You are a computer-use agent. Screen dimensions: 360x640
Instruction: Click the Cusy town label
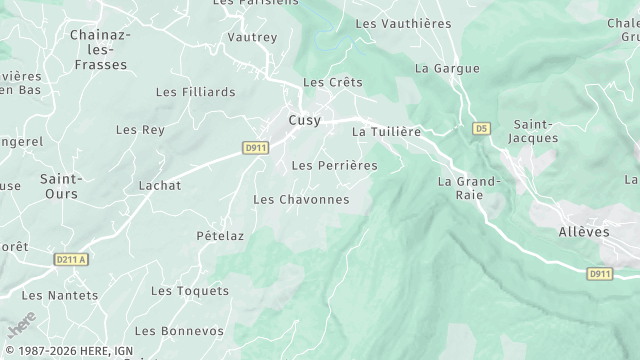(x=305, y=120)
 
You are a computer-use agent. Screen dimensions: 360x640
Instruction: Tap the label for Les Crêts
(x=333, y=82)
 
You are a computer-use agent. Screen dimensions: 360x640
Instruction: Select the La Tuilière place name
(x=387, y=131)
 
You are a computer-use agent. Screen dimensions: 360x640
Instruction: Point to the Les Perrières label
(x=334, y=165)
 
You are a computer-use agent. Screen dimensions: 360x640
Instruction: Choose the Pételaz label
(x=220, y=236)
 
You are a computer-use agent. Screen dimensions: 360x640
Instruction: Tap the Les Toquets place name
(x=190, y=291)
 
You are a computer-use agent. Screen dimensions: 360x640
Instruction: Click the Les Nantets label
(x=60, y=295)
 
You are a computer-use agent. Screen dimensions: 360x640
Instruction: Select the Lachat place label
(x=160, y=186)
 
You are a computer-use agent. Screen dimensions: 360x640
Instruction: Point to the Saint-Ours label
(x=61, y=186)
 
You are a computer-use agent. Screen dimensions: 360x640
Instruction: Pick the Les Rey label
(x=140, y=130)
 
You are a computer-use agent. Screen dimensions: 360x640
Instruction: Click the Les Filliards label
(x=196, y=92)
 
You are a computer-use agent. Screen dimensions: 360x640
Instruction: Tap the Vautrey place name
(x=252, y=37)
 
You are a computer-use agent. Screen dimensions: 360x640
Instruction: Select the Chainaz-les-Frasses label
(x=99, y=50)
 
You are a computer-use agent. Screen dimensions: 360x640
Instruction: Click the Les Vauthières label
(x=403, y=23)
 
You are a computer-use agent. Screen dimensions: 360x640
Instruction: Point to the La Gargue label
(x=447, y=69)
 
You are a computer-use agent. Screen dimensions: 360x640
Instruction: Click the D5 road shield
(x=482, y=129)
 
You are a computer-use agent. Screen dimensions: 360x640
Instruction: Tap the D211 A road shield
(x=71, y=260)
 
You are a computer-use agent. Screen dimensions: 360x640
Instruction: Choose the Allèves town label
(x=584, y=231)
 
